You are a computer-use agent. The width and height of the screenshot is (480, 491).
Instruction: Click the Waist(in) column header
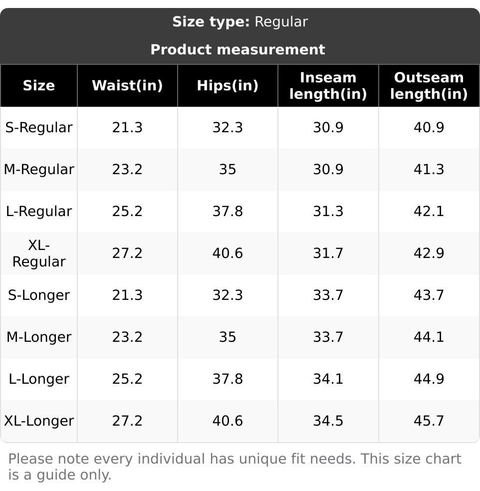click(x=127, y=85)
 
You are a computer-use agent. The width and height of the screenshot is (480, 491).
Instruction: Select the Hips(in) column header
click(x=228, y=85)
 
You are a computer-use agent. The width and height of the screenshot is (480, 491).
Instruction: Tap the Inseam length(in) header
click(x=328, y=85)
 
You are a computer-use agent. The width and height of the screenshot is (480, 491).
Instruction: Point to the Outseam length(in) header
click(x=429, y=85)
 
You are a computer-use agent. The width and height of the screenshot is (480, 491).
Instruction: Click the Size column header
click(x=39, y=85)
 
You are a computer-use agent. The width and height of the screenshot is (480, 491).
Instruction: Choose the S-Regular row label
click(x=39, y=128)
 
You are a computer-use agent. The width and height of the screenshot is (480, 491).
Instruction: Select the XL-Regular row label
click(x=39, y=253)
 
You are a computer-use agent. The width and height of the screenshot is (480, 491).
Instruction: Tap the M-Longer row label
click(x=39, y=337)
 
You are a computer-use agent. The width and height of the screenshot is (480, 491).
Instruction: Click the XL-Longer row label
click(x=39, y=421)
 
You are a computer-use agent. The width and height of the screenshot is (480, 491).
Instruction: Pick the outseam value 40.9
click(x=429, y=128)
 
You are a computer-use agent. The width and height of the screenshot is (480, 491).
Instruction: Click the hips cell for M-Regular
click(x=228, y=170)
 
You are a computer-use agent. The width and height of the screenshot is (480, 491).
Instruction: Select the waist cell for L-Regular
click(x=127, y=212)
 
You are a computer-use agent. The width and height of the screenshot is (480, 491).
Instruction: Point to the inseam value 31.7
click(x=328, y=253)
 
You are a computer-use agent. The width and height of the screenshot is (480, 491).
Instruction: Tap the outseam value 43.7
click(x=429, y=295)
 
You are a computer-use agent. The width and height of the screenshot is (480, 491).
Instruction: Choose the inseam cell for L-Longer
click(x=328, y=379)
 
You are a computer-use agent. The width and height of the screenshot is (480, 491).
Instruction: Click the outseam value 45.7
click(x=429, y=421)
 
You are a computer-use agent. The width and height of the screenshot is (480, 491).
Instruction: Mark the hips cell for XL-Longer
click(x=228, y=421)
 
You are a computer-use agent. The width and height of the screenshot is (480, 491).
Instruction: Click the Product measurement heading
click(x=238, y=50)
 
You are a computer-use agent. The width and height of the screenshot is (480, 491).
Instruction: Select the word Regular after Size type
click(x=281, y=22)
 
